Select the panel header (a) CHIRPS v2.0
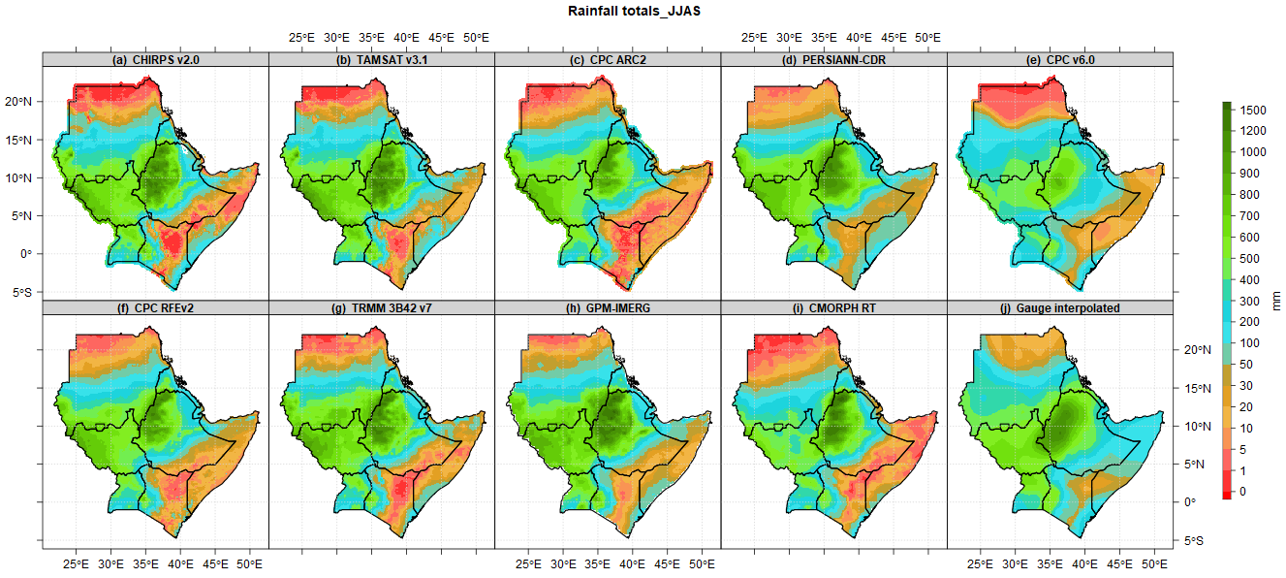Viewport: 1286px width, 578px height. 155,60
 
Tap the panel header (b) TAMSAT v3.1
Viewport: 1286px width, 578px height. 381,60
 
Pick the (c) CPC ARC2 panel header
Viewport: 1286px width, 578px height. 608,60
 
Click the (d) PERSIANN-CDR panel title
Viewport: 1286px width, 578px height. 833,60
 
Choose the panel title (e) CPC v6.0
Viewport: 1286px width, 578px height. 1059,60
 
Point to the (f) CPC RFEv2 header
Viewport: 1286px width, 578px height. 155,308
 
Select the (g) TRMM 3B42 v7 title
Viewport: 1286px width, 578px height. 381,308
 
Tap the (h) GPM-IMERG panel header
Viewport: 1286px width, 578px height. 608,308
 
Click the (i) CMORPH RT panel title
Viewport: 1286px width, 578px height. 833,308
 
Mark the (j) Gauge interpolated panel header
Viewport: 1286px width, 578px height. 1059,308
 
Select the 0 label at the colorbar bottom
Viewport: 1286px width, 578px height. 1243,492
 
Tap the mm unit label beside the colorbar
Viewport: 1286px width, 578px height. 1275,301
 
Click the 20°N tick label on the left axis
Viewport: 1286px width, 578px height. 26,102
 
